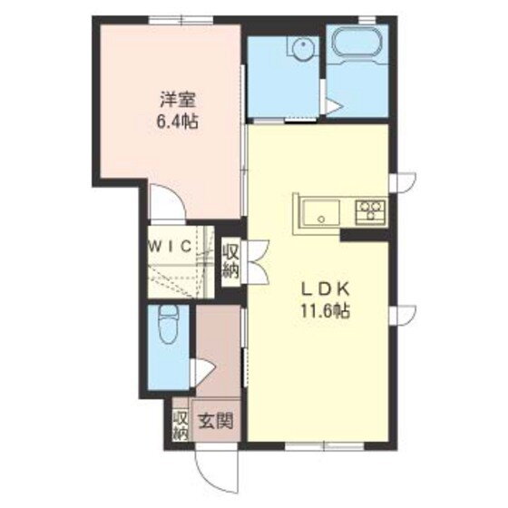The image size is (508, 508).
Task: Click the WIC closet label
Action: click(x=169, y=246)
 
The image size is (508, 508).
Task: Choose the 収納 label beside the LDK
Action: click(x=230, y=259)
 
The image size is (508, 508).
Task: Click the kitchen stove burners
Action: click(x=370, y=211)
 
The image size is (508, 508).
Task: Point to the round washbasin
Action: click(x=300, y=49)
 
